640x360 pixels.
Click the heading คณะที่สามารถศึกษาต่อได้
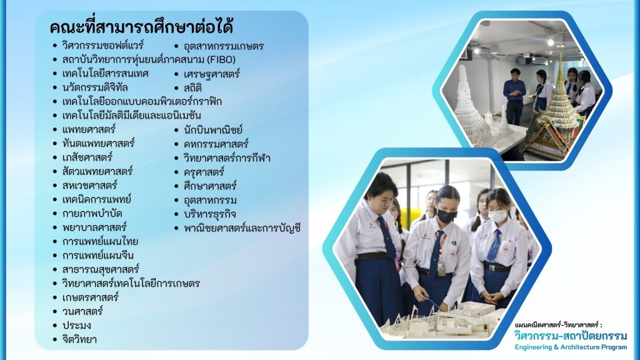pyautogui.click(x=141, y=27)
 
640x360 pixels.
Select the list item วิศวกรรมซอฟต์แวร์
pyautogui.click(x=103, y=45)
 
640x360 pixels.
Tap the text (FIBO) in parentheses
pyautogui.click(x=221, y=59)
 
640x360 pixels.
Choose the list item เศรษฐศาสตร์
pyautogui.click(x=211, y=74)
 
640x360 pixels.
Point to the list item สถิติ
pyautogui.click(x=192, y=87)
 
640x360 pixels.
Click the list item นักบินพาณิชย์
pyautogui.click(x=213, y=130)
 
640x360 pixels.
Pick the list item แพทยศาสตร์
pyautogui.click(x=89, y=129)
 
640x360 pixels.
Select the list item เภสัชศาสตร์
pyautogui.click(x=87, y=157)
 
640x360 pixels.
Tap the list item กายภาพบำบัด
pyautogui.click(x=92, y=214)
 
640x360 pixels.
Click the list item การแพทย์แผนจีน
pyautogui.click(x=98, y=256)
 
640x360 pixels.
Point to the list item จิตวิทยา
pyautogui.click(x=79, y=339)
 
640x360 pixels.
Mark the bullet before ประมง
pyautogui.click(x=55, y=326)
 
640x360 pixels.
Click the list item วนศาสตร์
pyautogui.click(x=82, y=311)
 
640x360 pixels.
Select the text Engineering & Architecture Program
pyautogui.click(x=571, y=347)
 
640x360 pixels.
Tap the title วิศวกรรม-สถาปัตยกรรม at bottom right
pyautogui.click(x=571, y=336)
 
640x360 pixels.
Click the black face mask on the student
pyautogui.click(x=446, y=216)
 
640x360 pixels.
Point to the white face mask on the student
pyautogui.click(x=497, y=216)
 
